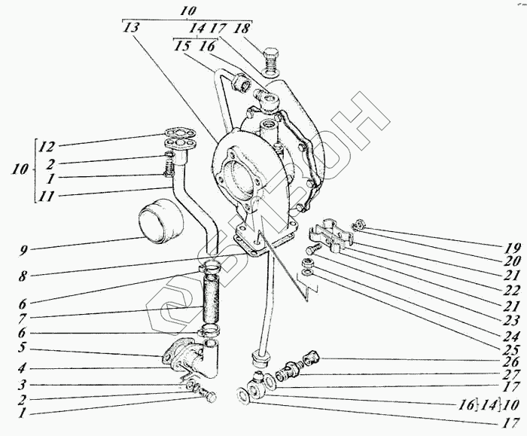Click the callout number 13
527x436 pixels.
pyautogui.click(x=131, y=27)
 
